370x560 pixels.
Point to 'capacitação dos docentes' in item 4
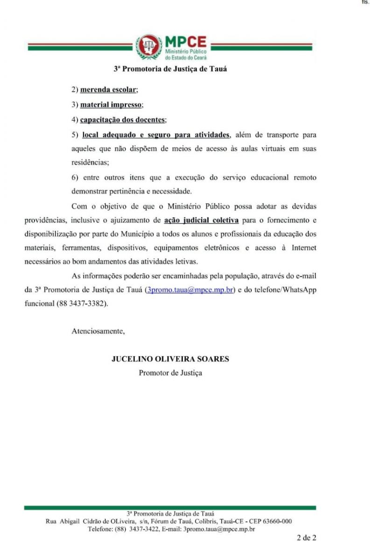click(122, 120)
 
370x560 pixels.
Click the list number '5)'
click(75, 135)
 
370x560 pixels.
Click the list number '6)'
click(75, 178)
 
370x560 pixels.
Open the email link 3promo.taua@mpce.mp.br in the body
click(189, 289)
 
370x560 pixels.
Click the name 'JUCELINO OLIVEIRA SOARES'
click(170, 359)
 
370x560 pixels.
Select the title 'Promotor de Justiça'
click(170, 373)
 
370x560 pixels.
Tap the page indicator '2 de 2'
click(307, 538)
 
